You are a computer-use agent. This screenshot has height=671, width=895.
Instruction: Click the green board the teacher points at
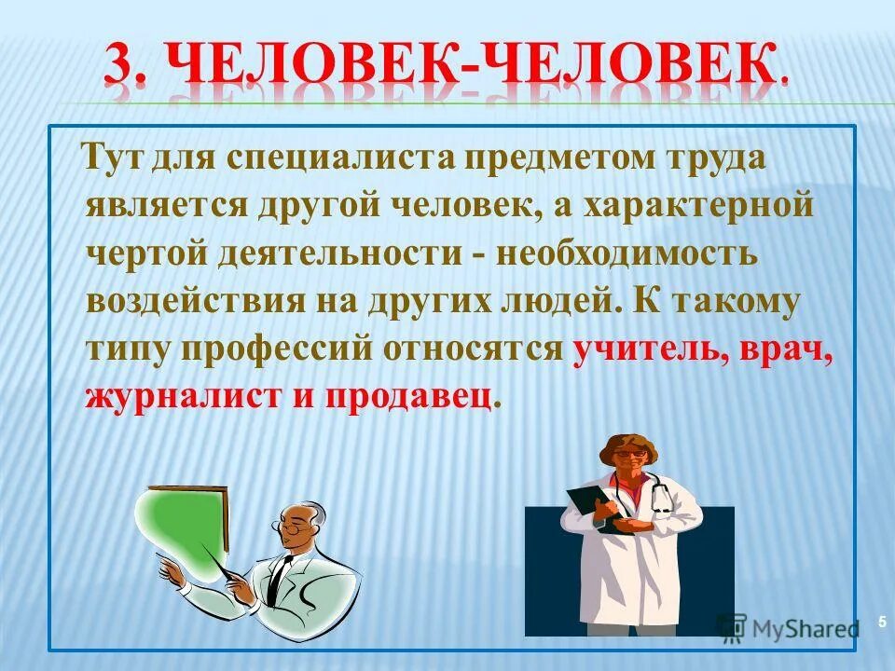coord(186,527)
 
